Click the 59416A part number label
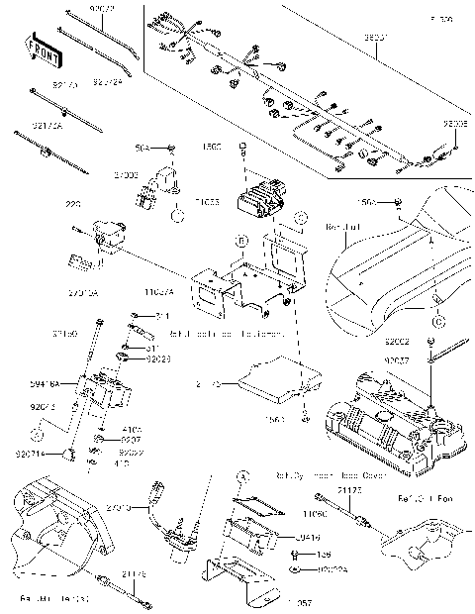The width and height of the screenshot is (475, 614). click(x=47, y=381)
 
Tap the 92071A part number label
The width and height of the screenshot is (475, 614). click(x=31, y=454)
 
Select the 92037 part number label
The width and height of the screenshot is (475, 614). click(x=397, y=361)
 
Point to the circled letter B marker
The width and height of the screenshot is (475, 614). click(x=240, y=241)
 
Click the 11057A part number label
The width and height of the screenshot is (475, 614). click(x=159, y=293)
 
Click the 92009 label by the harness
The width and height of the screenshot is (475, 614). click(x=456, y=126)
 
